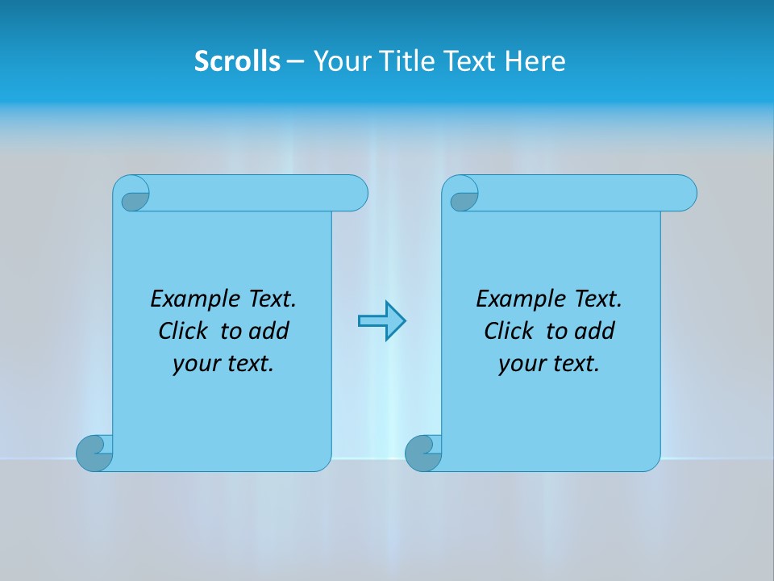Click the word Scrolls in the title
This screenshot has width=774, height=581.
[x=237, y=61]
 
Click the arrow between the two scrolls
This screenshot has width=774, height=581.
[x=381, y=321]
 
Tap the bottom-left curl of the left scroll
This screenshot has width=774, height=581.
[x=94, y=454]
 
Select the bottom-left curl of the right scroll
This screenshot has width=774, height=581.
[x=422, y=454]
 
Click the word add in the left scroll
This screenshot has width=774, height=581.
[x=268, y=331]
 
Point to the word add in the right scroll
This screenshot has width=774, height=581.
[x=594, y=331]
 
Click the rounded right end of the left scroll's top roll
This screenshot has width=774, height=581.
[x=355, y=193]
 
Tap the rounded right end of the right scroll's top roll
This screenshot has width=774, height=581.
[x=684, y=193]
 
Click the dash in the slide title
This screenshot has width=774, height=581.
[x=295, y=61]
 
